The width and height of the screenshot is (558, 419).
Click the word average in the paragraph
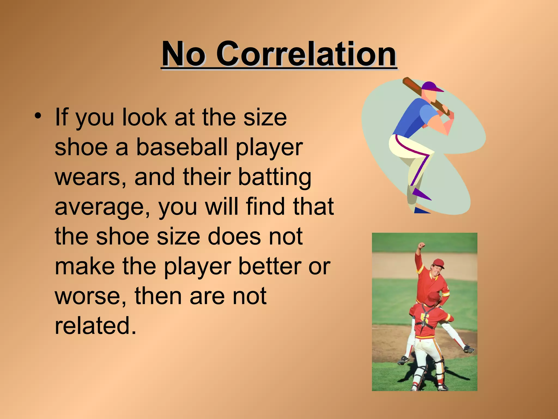[102, 207]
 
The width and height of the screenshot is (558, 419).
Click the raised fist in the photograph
[422, 245]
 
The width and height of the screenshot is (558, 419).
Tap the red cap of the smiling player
[439, 263]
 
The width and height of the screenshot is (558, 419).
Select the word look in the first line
[144, 117]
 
